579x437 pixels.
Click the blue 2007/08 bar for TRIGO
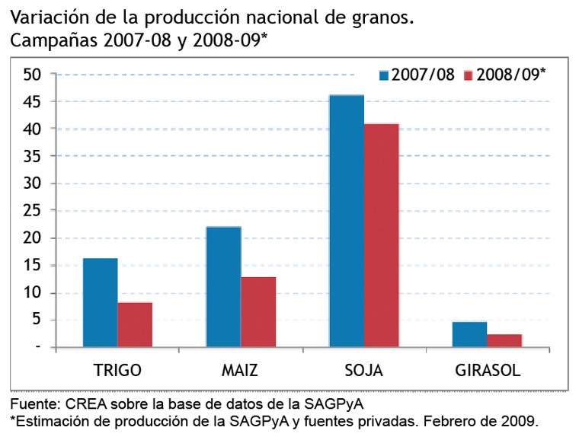(x=100, y=303)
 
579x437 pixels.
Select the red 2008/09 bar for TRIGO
(x=135, y=325)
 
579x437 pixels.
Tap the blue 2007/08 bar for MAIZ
(x=223, y=287)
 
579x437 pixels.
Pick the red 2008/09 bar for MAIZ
(x=258, y=312)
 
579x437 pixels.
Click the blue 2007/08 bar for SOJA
(x=346, y=221)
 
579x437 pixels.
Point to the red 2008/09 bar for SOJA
(x=381, y=235)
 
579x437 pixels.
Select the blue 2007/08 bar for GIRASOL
(x=469, y=334)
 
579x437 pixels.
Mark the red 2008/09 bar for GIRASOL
(x=504, y=340)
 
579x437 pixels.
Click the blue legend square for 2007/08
(x=385, y=75)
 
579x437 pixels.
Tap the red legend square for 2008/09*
(x=469, y=75)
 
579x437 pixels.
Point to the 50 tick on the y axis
(x=32, y=75)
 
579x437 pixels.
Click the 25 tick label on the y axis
(x=32, y=211)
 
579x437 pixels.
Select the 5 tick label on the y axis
(x=36, y=321)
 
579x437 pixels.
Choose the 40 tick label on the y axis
(x=32, y=129)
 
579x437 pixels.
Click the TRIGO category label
(x=117, y=371)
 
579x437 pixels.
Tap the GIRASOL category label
(x=488, y=371)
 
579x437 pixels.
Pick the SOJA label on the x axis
(x=363, y=371)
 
